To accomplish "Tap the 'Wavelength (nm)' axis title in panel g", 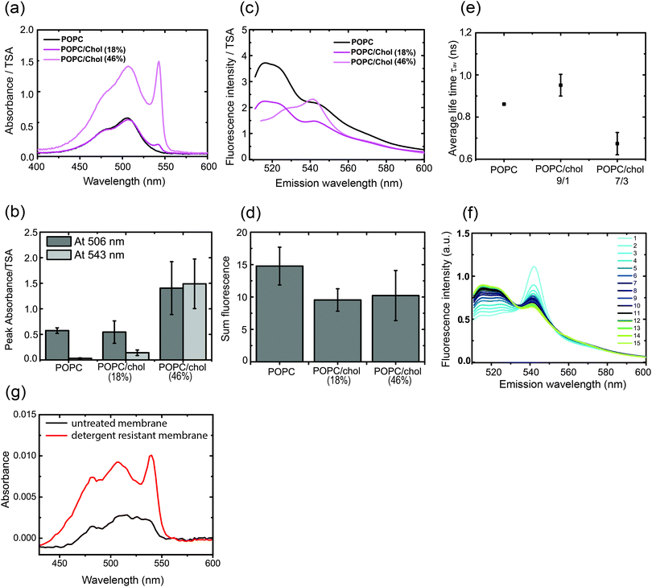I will click(127, 578).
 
